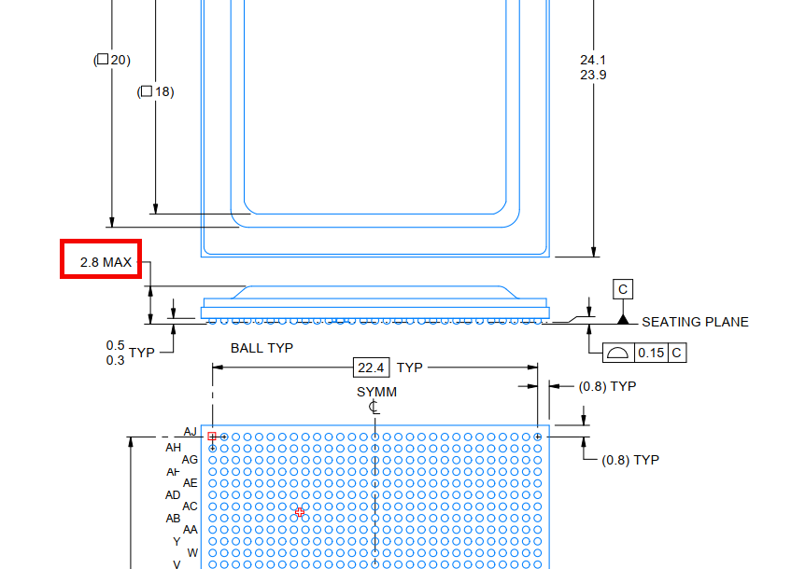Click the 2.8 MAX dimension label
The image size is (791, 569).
click(106, 262)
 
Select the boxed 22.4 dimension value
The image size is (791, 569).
click(372, 368)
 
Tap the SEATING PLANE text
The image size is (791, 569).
click(695, 322)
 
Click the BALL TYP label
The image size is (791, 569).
click(261, 348)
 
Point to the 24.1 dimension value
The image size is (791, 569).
click(593, 60)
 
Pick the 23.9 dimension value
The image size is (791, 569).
click(593, 76)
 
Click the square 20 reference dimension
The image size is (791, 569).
click(112, 60)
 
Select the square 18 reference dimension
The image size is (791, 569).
click(155, 91)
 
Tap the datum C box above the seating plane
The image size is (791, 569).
click(623, 289)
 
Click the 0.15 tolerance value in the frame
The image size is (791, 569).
click(651, 353)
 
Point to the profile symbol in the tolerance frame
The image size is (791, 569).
click(617, 353)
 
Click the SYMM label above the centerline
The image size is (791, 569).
click(377, 392)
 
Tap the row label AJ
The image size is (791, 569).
click(191, 432)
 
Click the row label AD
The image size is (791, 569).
click(173, 495)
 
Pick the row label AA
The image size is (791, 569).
click(191, 530)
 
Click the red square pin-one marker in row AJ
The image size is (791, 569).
click(212, 437)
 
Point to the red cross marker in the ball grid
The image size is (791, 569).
click(300, 512)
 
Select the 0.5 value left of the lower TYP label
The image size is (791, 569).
click(115, 346)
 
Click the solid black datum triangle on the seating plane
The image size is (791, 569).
click(623, 319)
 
